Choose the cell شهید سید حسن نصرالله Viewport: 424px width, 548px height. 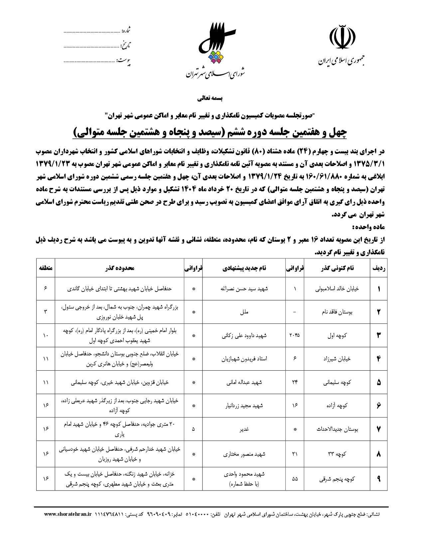(x=244, y=289)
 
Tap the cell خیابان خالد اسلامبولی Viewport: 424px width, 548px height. (x=337, y=289)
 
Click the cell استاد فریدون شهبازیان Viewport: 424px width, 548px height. (x=244, y=359)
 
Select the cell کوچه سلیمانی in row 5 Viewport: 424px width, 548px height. (x=337, y=382)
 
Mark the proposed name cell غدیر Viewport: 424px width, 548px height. (x=244, y=429)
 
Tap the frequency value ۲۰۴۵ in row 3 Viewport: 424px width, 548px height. (x=295, y=335)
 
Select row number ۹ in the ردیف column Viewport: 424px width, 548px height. (x=379, y=479)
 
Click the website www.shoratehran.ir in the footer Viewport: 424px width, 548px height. (x=68, y=514)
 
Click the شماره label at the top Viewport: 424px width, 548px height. (x=126, y=31)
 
